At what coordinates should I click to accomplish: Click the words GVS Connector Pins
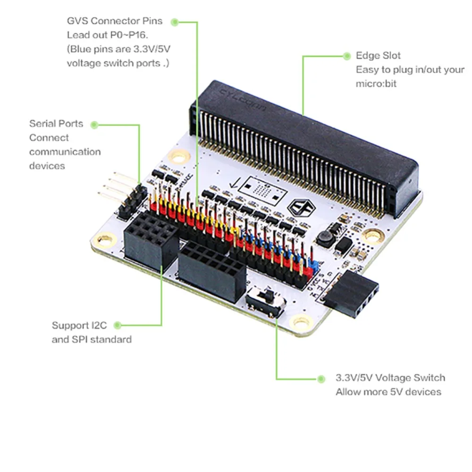point(114,21)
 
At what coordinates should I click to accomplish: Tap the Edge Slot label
point(379,56)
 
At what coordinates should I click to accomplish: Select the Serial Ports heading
point(56,124)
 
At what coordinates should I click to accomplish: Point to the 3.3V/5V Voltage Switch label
point(390,378)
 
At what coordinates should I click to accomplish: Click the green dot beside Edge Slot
point(347,56)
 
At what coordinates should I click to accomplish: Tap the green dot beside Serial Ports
point(94,125)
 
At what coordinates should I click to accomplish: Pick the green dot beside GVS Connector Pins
point(174,21)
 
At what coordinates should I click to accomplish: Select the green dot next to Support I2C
point(118,325)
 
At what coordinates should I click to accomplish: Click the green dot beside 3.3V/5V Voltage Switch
point(321,379)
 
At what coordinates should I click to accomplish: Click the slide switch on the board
point(266,303)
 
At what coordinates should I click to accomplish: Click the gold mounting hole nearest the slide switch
point(300,322)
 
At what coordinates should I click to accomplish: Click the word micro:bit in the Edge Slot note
point(375,84)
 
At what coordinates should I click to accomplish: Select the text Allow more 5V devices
point(388,392)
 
